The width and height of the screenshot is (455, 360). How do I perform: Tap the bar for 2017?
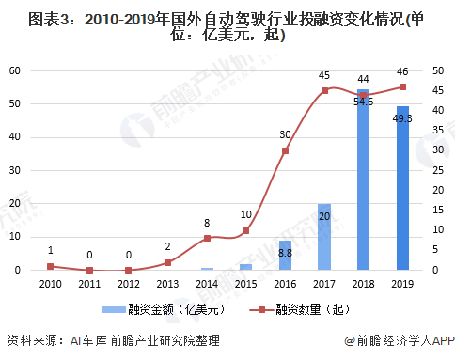[x=324, y=237]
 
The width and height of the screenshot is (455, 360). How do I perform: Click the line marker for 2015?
[x=245, y=230]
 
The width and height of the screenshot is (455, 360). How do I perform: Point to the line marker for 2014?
[x=207, y=238]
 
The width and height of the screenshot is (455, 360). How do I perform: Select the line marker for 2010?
[x=50, y=266]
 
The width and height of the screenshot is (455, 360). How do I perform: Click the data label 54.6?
[x=364, y=101]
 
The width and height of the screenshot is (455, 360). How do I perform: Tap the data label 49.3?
[x=403, y=118]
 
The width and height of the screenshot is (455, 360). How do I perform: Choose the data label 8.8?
[x=285, y=254]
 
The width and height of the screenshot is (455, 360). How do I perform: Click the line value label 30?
[x=285, y=134]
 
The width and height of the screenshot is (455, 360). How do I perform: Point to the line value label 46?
[x=403, y=70]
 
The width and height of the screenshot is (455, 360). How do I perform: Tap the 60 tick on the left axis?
[x=16, y=70]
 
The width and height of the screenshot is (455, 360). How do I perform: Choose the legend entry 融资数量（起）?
[x=300, y=308]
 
